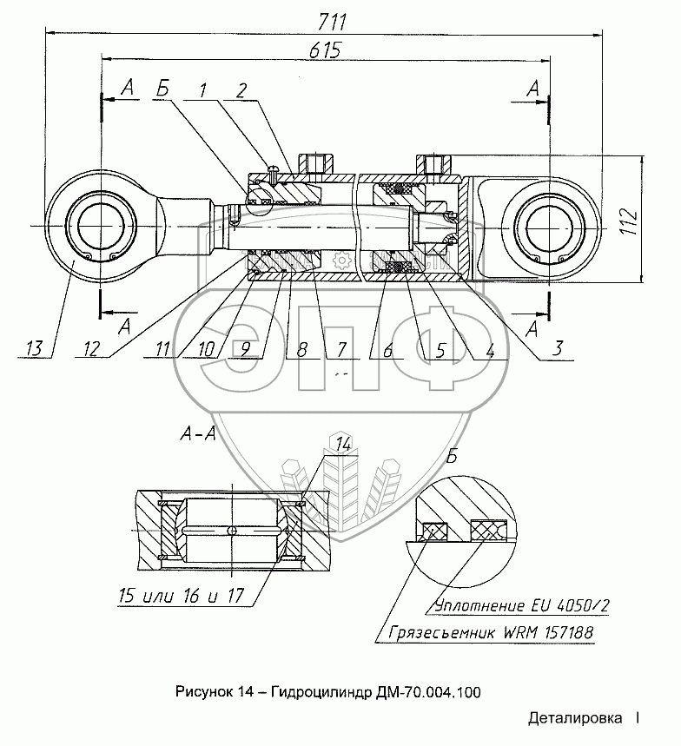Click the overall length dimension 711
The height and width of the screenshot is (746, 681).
coord(333,23)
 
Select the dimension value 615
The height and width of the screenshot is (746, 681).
coord(326,50)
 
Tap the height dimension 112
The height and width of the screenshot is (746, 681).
coord(629,221)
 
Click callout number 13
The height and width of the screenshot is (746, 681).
coord(34,349)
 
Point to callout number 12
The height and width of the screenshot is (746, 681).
coord(91,349)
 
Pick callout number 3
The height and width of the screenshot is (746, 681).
coord(557,349)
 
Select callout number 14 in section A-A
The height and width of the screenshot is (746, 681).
coord(343,445)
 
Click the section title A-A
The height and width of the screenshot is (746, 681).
coord(198,433)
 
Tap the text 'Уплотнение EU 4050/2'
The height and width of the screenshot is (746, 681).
coord(522,605)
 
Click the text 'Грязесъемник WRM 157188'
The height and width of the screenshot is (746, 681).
coord(491,633)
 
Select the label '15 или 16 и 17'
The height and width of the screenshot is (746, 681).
coord(181,596)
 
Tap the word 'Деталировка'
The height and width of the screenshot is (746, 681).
coord(575,718)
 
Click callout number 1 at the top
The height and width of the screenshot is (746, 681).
coord(203,90)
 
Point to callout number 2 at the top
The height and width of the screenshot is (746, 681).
coord(241,90)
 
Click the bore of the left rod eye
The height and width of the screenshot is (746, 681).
coord(101,226)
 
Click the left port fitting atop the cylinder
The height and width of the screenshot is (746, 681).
coord(315,164)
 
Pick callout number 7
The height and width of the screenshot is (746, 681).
coord(340,350)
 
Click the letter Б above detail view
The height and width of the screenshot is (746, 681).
coord(451,457)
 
